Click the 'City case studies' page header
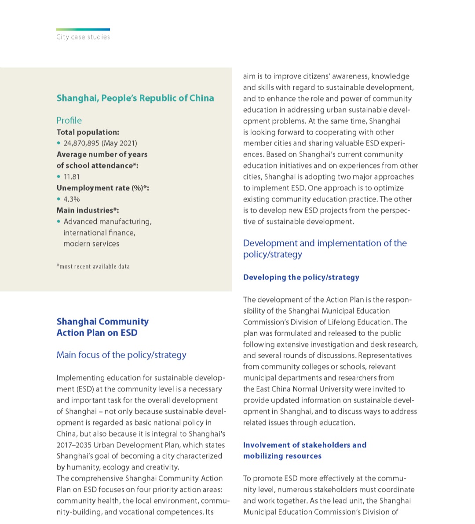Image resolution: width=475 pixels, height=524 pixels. [x=83, y=37]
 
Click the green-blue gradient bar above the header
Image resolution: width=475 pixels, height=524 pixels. [x=83, y=29]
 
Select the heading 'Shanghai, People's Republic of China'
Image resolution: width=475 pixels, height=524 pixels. [x=135, y=98]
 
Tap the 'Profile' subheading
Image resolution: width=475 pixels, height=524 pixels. [x=69, y=121]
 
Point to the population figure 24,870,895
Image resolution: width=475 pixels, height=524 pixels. [x=82, y=143]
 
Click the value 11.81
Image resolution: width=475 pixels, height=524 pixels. [x=72, y=177]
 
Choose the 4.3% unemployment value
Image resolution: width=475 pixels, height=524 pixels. [x=72, y=199]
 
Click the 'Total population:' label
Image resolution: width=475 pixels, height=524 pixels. [x=88, y=132]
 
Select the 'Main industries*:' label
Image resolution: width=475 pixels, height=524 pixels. [x=88, y=210]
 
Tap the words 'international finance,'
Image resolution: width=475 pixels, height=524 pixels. [x=99, y=233]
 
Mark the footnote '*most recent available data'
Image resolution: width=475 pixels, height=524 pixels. [x=93, y=267]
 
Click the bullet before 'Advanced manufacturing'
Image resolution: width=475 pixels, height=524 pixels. [x=58, y=221]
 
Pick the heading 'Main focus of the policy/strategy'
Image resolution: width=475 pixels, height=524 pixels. [x=121, y=355]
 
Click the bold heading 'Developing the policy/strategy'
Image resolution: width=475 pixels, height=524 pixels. [x=301, y=278]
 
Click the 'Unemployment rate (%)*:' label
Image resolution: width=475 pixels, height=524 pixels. [x=102, y=188]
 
